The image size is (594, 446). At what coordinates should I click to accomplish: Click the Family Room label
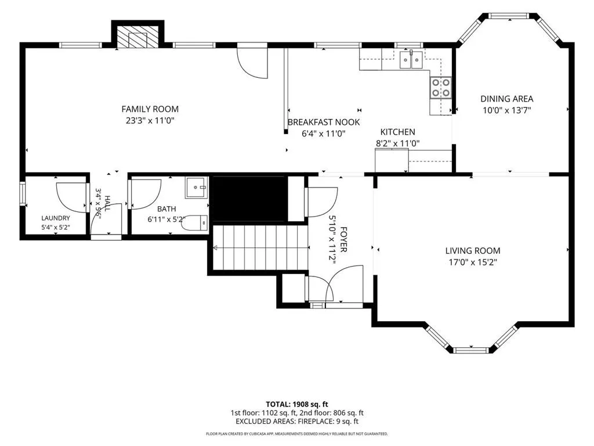150,109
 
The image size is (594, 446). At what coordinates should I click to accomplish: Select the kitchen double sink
411,60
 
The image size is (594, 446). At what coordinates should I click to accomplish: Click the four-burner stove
441,88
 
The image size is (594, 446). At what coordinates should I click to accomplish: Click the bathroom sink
197,187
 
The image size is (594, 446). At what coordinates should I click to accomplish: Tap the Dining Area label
507,99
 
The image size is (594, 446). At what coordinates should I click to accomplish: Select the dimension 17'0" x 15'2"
473,262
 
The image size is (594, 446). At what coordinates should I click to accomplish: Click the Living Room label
473,251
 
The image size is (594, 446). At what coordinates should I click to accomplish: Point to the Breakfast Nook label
324,122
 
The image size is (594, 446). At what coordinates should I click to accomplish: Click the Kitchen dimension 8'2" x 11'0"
398,143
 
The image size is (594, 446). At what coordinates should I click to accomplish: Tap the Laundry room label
56,218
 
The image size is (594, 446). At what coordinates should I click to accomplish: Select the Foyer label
343,240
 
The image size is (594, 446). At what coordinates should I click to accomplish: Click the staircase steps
260,247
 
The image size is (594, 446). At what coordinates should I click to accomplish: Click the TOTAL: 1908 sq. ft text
297,404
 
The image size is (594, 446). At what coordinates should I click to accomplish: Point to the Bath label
166,209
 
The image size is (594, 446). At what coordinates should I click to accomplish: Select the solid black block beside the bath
248,199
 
